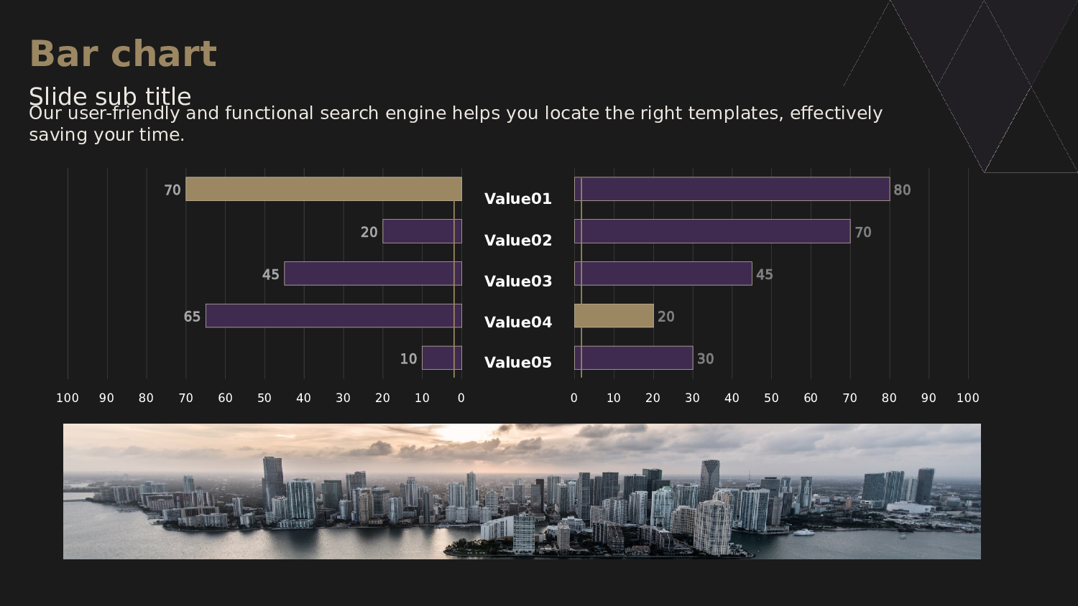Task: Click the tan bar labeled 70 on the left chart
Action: [323, 189]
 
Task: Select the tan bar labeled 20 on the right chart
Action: [614, 316]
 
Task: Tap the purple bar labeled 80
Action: [732, 189]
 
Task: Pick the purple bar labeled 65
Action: [333, 316]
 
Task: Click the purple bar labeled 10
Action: [442, 358]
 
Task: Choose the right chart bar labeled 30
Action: [633, 358]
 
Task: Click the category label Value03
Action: [518, 281]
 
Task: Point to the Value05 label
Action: [518, 363]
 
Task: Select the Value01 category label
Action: [518, 199]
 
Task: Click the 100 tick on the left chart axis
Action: [68, 398]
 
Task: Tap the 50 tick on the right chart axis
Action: [771, 398]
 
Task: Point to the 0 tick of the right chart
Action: [573, 398]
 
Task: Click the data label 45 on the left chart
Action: [270, 274]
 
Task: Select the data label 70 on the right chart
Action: [863, 233]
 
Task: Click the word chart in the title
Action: [164, 53]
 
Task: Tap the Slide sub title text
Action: [110, 96]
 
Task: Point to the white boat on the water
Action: [803, 533]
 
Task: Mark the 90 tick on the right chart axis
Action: [929, 398]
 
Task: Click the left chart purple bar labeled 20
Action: [422, 231]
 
